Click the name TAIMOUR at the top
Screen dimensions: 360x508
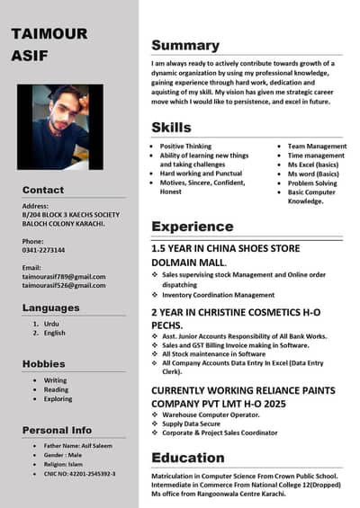(x=49, y=34)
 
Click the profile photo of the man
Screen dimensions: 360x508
(x=59, y=127)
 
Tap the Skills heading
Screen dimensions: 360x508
(x=171, y=127)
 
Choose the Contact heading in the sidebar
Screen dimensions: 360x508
(x=43, y=190)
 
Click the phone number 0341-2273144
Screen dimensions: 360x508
(x=44, y=251)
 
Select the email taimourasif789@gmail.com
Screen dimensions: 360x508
(x=64, y=276)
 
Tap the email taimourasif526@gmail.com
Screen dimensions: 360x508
(x=64, y=285)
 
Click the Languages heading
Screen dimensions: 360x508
(x=51, y=307)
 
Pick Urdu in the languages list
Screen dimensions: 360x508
(x=51, y=323)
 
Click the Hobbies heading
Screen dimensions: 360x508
(x=43, y=363)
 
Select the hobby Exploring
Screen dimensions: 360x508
(x=58, y=398)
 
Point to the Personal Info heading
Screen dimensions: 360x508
(x=57, y=430)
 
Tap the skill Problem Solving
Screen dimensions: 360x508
(x=312, y=183)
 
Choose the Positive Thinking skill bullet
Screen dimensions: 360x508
(x=185, y=146)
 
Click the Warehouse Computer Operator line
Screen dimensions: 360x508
(x=213, y=414)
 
